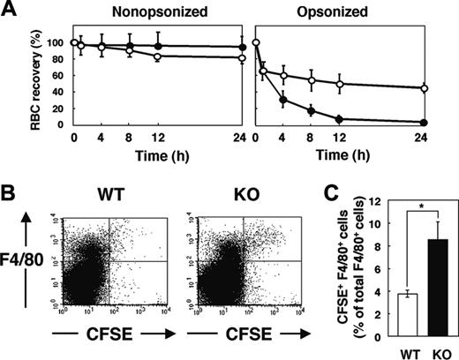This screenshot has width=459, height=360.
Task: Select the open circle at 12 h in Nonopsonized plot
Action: [157, 56]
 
